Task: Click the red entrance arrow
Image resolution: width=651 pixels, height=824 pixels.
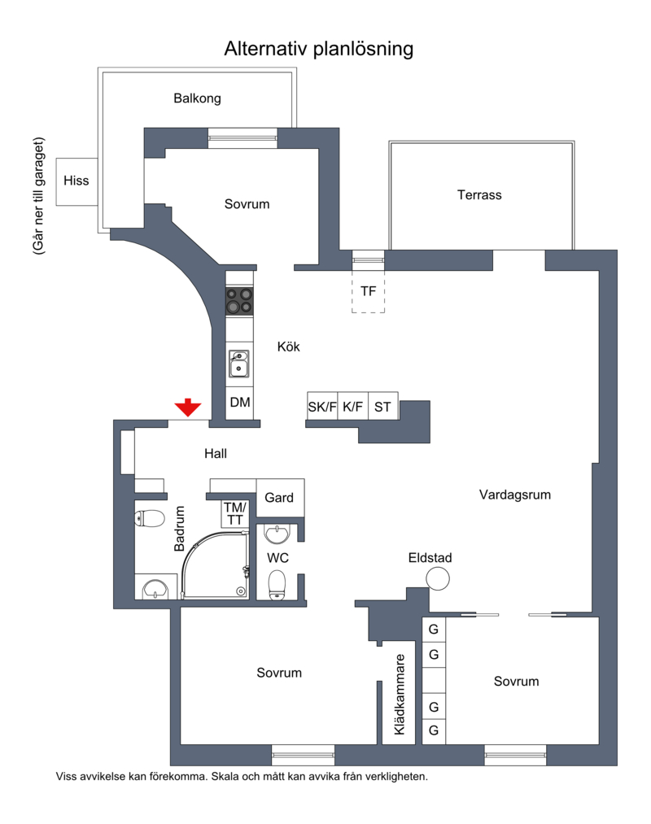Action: tap(188, 408)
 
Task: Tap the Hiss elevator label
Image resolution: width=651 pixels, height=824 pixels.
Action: tap(76, 181)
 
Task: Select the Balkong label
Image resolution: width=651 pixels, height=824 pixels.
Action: tap(197, 98)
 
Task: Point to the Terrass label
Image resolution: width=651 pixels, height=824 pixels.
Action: tap(479, 195)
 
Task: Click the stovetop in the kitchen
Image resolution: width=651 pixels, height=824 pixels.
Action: tap(239, 301)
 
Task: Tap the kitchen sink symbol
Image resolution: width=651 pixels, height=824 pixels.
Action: tap(238, 364)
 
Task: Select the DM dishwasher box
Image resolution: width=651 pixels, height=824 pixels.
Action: tap(240, 403)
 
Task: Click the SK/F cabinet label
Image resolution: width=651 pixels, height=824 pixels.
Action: tap(321, 407)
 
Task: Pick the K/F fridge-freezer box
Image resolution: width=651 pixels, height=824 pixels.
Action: tap(353, 406)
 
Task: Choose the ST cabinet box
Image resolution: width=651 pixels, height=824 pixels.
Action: tap(382, 406)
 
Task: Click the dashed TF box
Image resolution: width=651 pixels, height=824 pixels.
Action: tap(368, 292)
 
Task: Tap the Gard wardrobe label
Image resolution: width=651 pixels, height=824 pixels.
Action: tap(278, 498)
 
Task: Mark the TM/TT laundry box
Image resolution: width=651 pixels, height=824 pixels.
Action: tap(235, 513)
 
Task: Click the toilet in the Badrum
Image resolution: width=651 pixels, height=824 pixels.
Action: tap(151, 518)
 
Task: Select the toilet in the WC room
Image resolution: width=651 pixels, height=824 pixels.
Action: tap(277, 586)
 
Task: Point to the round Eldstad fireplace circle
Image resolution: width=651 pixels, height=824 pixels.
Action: tap(438, 579)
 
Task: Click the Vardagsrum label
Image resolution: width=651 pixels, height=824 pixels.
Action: tap(515, 495)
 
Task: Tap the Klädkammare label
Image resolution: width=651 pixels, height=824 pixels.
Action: tap(400, 694)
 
